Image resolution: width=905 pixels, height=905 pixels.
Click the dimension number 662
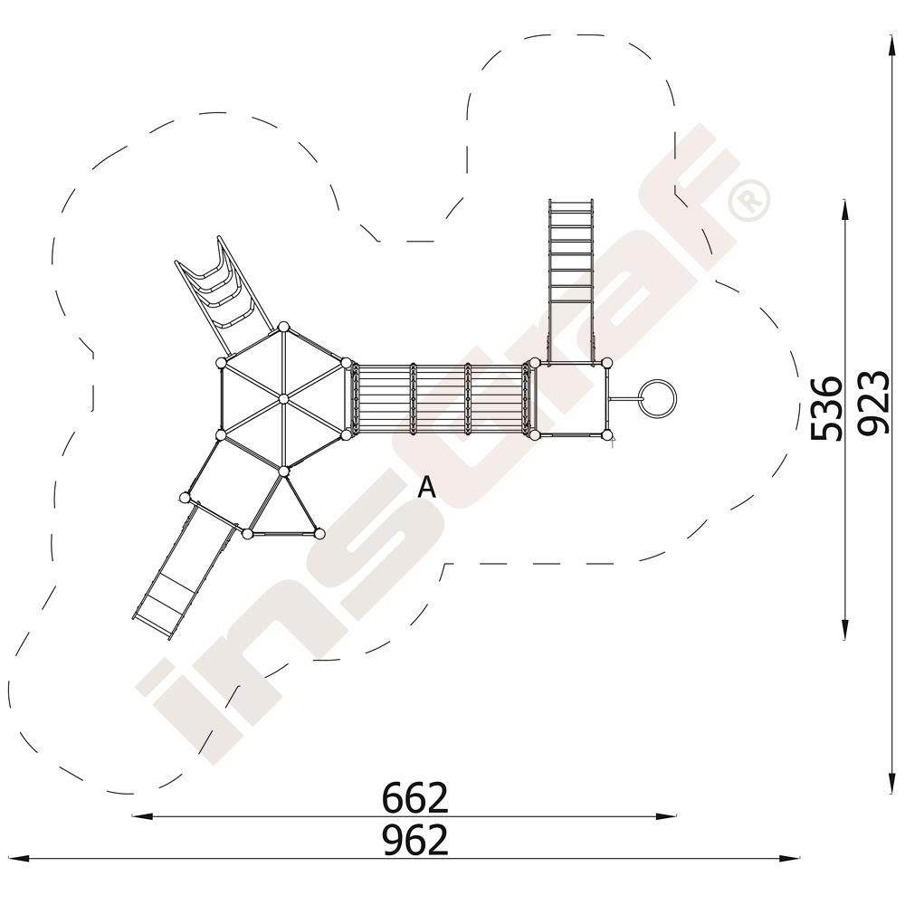(x=415, y=797)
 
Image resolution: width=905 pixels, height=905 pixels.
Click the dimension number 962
(x=415, y=840)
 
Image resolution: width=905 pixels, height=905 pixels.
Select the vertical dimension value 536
(x=826, y=408)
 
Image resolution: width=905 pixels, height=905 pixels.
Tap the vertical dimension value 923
(x=872, y=403)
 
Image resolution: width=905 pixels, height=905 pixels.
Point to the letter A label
(x=426, y=488)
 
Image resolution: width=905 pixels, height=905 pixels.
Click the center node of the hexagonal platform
(x=282, y=399)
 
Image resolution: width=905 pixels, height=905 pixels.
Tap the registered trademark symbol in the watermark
(x=749, y=200)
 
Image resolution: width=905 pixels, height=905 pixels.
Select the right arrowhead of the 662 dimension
(x=666, y=816)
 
